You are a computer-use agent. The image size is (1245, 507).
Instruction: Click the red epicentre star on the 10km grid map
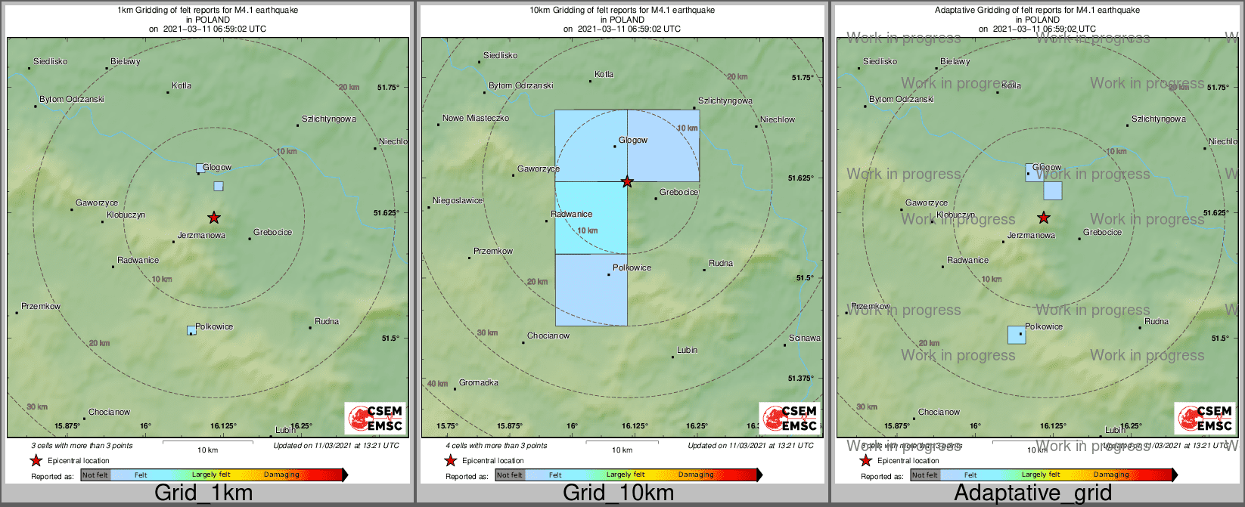[x=627, y=181]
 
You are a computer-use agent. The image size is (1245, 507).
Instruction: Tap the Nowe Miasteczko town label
[x=476, y=118]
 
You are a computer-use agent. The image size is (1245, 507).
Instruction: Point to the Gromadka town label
[x=478, y=382]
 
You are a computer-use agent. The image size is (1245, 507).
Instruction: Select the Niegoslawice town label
[x=457, y=200]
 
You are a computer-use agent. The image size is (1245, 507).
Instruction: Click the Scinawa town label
[x=804, y=338]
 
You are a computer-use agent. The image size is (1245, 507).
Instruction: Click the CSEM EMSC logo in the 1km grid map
[x=376, y=417]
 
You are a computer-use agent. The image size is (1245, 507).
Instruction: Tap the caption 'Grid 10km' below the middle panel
[x=618, y=493]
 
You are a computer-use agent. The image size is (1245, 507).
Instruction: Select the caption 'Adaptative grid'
[x=1032, y=493]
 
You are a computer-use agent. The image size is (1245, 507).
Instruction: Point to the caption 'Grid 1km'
[x=203, y=493]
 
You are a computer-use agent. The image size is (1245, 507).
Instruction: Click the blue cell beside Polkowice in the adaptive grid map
[x=1017, y=335]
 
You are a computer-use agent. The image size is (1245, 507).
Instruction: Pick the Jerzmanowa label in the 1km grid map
[x=201, y=235]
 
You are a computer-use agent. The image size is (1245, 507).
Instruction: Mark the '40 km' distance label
[x=437, y=384]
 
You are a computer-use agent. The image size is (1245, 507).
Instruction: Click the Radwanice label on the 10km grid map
[x=571, y=214]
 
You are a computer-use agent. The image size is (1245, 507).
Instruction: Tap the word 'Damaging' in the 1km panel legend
[x=281, y=475]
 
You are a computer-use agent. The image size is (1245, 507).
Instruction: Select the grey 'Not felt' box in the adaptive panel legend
[x=924, y=475]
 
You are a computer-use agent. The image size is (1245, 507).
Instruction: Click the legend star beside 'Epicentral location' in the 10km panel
[x=451, y=461]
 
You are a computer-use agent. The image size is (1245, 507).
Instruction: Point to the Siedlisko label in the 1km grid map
[x=51, y=61]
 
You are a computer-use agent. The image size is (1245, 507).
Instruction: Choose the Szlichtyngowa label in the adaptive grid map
[x=1158, y=119]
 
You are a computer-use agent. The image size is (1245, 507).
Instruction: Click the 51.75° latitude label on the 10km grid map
[x=802, y=77]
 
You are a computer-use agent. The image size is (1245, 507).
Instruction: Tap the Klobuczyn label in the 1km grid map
[x=126, y=215]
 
